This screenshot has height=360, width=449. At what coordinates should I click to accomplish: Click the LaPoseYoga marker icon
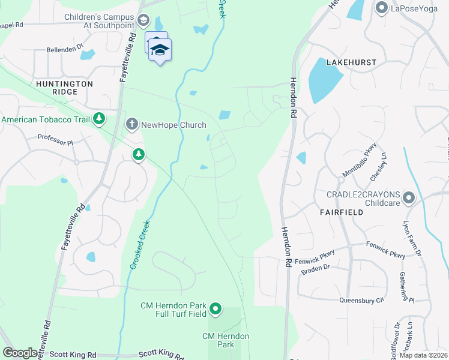click(x=381, y=8)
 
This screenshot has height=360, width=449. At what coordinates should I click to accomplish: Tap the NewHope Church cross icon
click(x=131, y=125)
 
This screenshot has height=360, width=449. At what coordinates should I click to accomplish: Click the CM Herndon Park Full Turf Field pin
click(x=215, y=310)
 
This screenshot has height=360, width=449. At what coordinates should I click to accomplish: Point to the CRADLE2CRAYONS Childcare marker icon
click(x=409, y=197)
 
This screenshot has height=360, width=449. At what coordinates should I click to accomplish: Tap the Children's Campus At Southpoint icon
click(x=143, y=21)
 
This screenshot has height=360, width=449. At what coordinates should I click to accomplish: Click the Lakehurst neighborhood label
click(x=351, y=62)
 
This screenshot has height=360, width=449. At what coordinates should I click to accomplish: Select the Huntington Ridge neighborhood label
click(x=64, y=88)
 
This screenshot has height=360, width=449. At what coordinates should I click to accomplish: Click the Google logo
click(x=20, y=353)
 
